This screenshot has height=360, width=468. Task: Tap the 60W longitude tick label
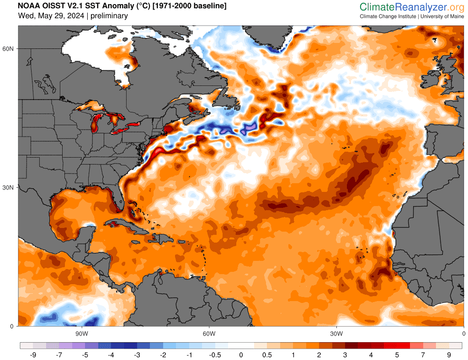click(x=209, y=334)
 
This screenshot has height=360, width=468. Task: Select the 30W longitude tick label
click(x=336, y=334)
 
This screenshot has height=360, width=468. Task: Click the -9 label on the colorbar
click(x=33, y=355)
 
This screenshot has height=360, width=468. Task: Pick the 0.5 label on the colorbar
click(x=267, y=355)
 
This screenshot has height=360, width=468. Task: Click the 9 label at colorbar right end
click(x=449, y=355)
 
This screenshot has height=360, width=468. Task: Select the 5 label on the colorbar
click(x=397, y=355)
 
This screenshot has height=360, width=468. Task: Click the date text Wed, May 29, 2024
click(x=51, y=16)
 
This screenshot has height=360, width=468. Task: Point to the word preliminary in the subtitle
click(x=109, y=16)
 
